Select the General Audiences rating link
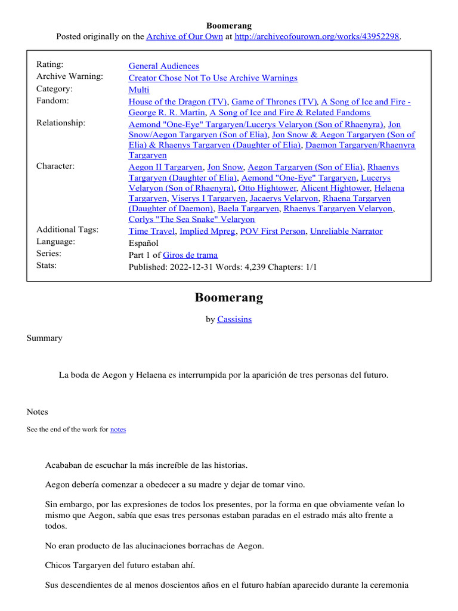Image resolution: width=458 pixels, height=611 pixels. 164,66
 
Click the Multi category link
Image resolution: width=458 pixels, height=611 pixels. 139,90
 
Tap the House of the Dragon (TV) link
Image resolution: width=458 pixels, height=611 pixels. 178,102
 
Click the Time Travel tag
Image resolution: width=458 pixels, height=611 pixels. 152,231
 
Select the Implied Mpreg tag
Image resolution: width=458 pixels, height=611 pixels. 207,231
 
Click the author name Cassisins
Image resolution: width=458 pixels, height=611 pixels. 234,319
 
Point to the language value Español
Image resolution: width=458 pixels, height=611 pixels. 144,243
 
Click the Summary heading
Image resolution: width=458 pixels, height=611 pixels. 44,338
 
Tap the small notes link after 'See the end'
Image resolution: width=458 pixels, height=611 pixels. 118,429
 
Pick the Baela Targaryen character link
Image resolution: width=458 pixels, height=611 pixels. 249,209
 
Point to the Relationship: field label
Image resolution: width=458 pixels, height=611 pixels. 61,123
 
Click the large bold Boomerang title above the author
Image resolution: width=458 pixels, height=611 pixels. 229,297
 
